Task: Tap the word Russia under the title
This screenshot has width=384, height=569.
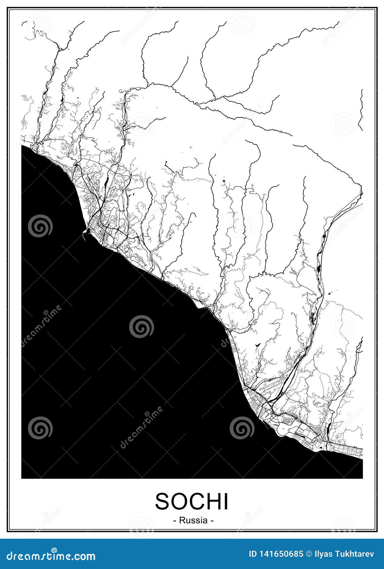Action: click(193, 520)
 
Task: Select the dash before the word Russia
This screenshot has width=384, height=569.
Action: click(175, 521)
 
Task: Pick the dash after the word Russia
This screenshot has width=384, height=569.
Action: click(212, 521)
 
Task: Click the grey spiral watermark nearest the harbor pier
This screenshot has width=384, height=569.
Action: click(40, 226)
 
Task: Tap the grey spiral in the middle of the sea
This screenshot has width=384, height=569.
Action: click(142, 327)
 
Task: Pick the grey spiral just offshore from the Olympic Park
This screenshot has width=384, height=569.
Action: click(242, 428)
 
